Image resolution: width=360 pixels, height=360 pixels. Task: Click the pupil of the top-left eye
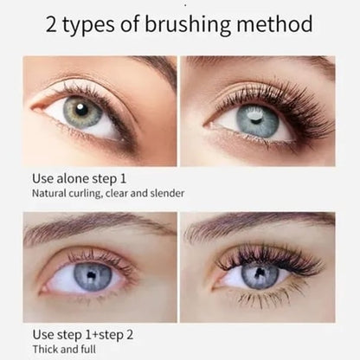click(x=82, y=111)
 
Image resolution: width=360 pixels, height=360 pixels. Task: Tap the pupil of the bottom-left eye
click(x=93, y=276)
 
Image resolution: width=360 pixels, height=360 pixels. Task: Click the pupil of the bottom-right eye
click(x=260, y=275)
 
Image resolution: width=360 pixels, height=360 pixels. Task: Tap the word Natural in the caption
click(x=50, y=195)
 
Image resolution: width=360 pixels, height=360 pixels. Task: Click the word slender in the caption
click(x=166, y=195)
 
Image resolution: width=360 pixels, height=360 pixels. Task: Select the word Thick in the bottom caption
click(x=47, y=349)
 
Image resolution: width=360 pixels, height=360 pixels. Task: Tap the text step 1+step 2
click(x=94, y=334)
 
